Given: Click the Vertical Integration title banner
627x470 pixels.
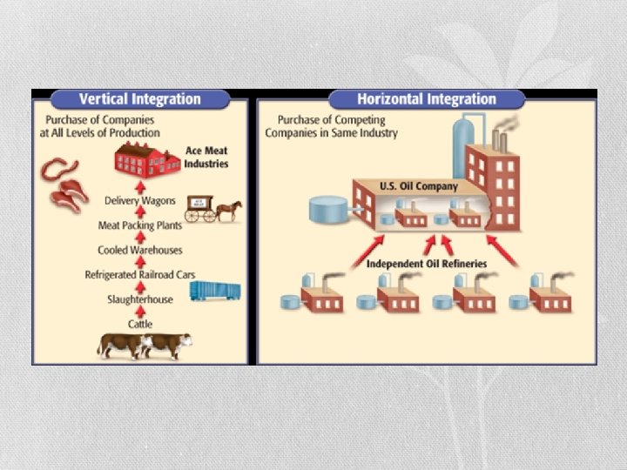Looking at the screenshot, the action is pos(140,98).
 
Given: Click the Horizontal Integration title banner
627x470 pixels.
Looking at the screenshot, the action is pos(427,98).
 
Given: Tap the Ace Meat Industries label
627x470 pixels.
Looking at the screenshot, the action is pos(206,158).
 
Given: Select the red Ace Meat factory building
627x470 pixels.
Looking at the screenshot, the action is pos(146,160).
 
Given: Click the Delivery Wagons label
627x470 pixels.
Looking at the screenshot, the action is pos(140,200).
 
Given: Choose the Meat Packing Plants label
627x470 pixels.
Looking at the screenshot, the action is pos(139,225).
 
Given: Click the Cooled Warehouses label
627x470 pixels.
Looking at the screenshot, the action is pos(140,250).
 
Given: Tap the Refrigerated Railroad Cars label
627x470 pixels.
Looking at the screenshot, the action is pos(139,275).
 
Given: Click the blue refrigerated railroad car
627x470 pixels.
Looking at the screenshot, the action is pos(215,291).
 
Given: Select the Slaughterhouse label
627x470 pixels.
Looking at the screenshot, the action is pos(140,299).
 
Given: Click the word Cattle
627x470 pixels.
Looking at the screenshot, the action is pos(140,324).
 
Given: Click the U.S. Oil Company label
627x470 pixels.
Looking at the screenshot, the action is pos(419,186).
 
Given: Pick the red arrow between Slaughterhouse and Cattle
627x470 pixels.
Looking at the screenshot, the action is pos(140,312).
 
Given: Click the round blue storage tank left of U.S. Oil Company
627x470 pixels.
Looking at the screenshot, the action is pos(328,209).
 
